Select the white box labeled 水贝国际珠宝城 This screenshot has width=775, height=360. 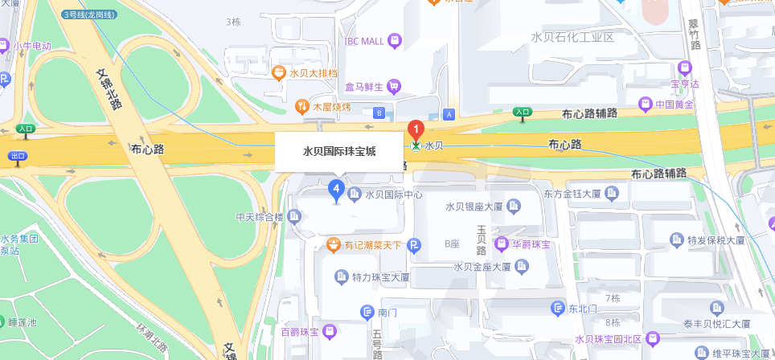point(339,151)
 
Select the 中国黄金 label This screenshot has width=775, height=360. point(675,104)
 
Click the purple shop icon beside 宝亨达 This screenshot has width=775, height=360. point(684,67)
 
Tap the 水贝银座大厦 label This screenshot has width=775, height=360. point(474,207)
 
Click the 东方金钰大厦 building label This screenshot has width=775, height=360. point(572,193)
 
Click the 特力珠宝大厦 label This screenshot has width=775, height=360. point(381,277)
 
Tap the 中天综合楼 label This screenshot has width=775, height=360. point(260,216)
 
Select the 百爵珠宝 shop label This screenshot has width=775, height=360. point(301,331)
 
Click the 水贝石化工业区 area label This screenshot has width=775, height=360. point(572,37)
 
